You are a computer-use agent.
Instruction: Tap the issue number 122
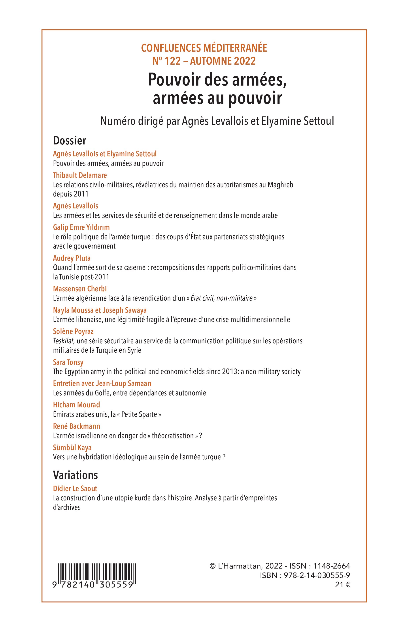[x=173, y=61]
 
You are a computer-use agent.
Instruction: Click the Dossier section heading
[x=70, y=141]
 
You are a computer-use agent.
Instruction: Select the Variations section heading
[x=75, y=475]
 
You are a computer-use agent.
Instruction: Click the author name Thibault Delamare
[x=80, y=175]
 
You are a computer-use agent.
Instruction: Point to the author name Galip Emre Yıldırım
[x=81, y=227]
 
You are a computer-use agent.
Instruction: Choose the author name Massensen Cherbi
[x=80, y=289]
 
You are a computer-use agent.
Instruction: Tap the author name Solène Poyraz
[x=73, y=331]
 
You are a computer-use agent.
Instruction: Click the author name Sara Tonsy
[x=68, y=362]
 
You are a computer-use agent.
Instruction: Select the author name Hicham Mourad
[x=76, y=405]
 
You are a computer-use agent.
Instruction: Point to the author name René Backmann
[x=76, y=426]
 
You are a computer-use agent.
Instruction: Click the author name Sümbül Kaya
[x=72, y=448]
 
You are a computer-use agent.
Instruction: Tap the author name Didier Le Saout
[x=75, y=488]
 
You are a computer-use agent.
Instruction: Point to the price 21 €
[x=342, y=585]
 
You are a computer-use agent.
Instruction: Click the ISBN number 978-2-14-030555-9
[x=317, y=575]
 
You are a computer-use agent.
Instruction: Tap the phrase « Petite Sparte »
[x=141, y=414]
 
